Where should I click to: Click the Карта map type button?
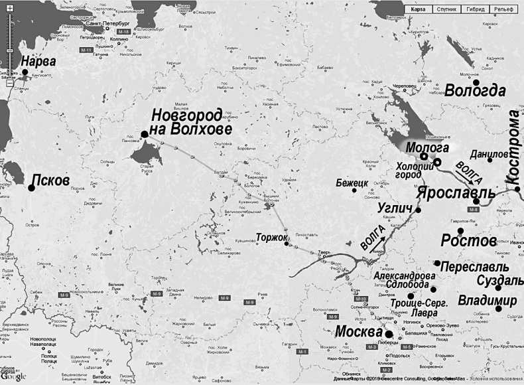tap(418, 10)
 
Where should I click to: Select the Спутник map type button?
tap(447, 10)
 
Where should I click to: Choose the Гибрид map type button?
tap(476, 10)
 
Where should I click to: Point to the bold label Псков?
tap(49, 180)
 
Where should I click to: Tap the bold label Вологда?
tap(475, 92)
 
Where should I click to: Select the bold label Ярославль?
tap(456, 193)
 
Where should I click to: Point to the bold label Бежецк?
tap(352, 180)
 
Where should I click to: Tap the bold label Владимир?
tap(488, 301)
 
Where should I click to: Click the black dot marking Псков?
tap(31, 188)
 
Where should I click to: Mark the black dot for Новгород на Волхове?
tap(144, 134)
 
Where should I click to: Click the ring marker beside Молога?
tap(424, 156)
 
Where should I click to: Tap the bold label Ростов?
tap(468, 240)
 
